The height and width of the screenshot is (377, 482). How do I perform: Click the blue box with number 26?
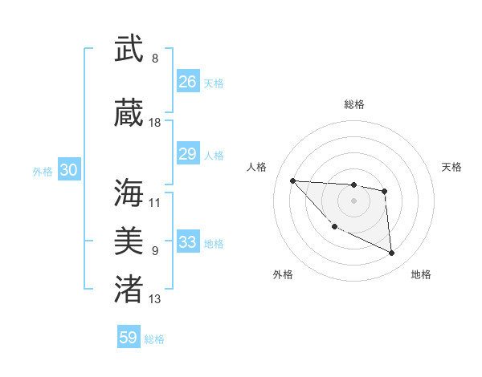pos(188,82)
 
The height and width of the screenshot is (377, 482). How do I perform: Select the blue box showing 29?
pos(188,154)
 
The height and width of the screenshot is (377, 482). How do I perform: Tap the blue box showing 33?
pos(188,242)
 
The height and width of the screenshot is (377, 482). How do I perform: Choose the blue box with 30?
pos(68,170)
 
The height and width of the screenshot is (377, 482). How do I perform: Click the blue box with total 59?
pos(129,338)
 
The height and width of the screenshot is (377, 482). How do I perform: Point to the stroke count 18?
pos(155,123)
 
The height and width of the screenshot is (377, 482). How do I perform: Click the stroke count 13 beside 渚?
pos(155,299)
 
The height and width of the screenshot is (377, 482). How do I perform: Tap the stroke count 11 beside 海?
pos(155,203)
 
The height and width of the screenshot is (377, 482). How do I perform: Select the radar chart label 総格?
pos(353,104)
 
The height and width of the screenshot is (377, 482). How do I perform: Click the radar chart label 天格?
pos(452,167)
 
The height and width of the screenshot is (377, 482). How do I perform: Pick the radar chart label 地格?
pos(421,274)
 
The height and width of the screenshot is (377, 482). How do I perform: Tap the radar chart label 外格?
pos(283,274)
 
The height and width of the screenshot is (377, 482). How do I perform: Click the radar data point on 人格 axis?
pos(292,180)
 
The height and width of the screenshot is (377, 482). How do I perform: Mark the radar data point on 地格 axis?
pos(392,253)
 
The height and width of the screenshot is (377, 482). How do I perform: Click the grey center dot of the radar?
pos(353,201)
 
